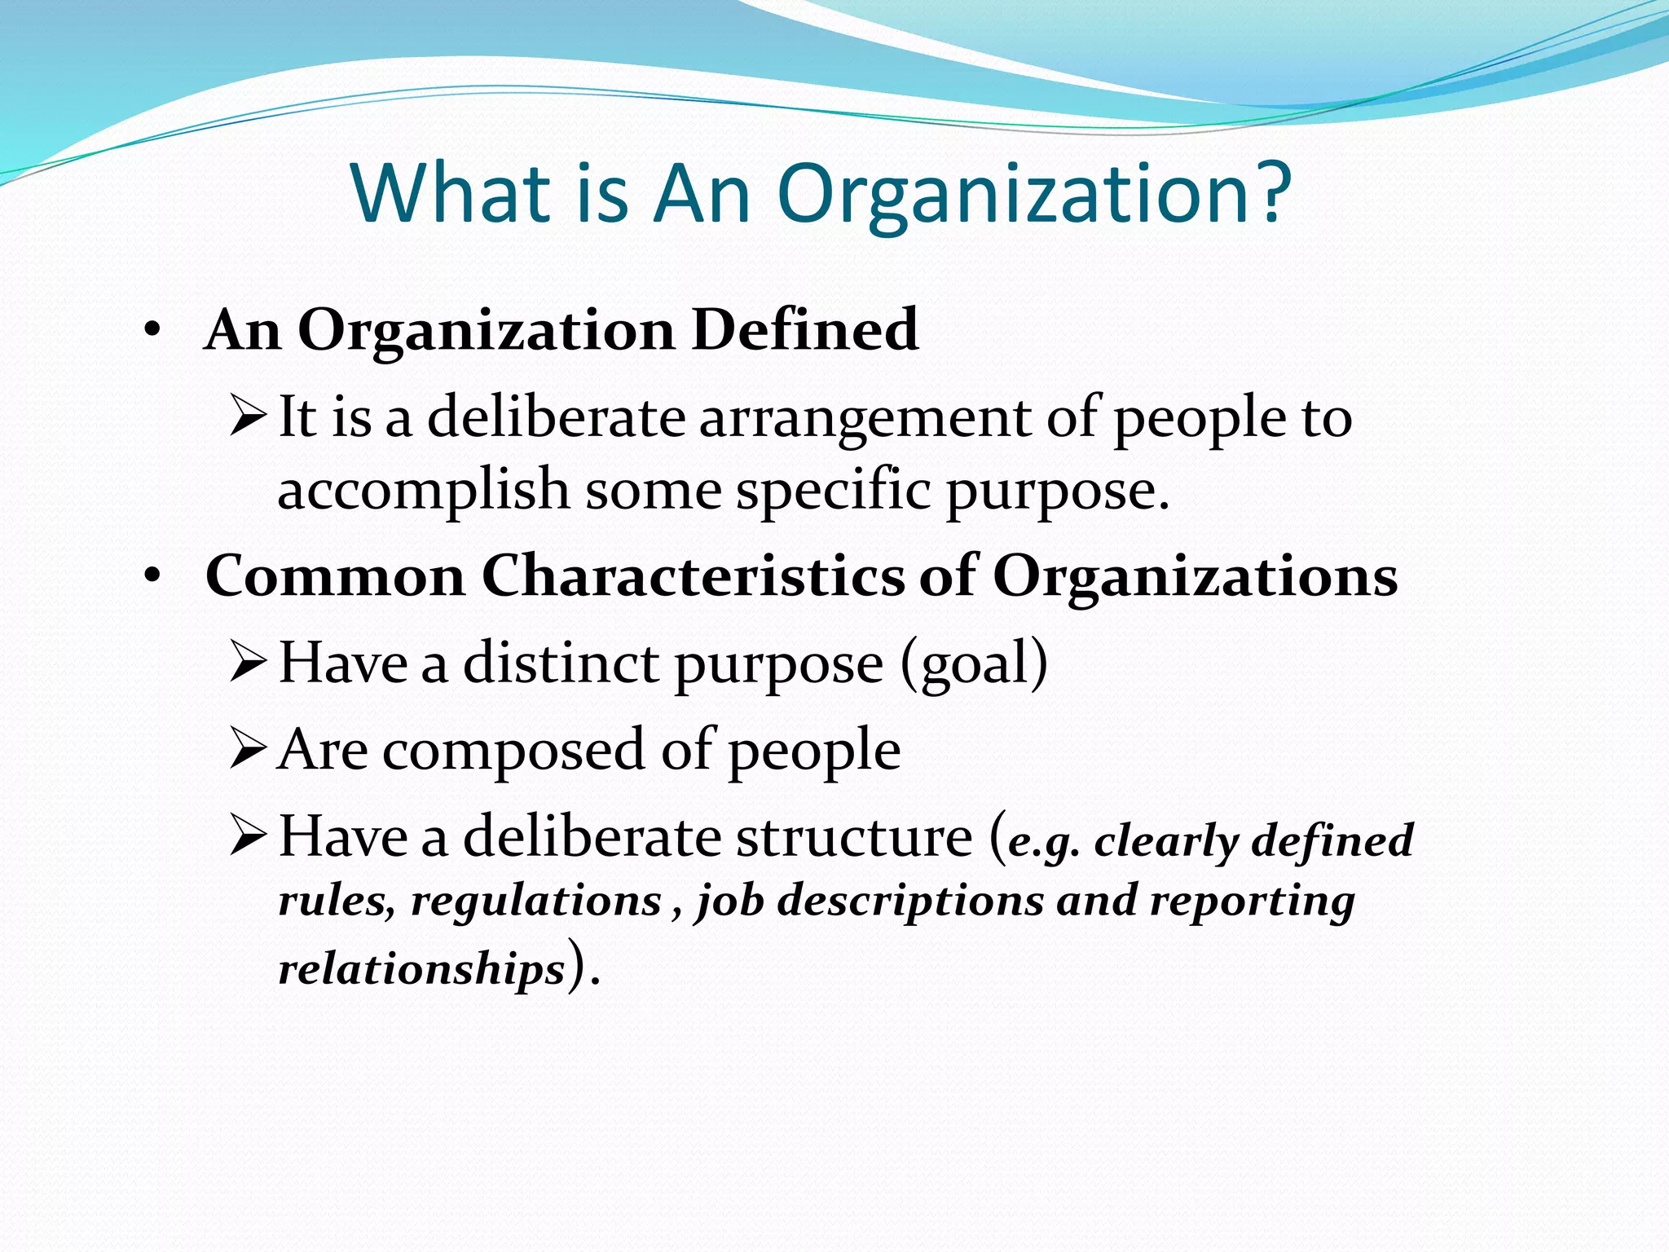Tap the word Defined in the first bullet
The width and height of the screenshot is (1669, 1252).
(805, 330)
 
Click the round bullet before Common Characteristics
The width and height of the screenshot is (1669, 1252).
(152, 577)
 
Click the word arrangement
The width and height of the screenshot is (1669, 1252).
(865, 418)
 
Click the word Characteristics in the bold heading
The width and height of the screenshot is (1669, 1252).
(693, 576)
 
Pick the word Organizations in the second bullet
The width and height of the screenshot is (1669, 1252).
(1195, 578)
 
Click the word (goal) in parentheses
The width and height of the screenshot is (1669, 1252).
(974, 664)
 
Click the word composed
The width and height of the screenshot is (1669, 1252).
(513, 751)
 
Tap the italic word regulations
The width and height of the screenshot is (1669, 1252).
(535, 902)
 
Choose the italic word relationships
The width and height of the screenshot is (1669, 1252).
(421, 969)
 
